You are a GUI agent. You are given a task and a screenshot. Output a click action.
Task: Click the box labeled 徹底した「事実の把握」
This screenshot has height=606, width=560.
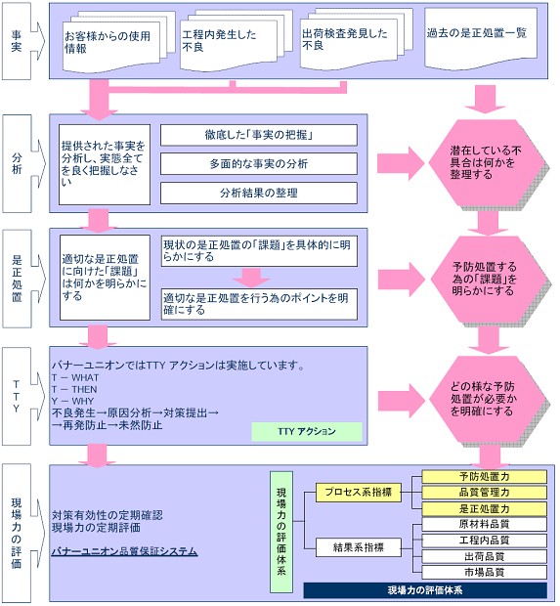point(259,135)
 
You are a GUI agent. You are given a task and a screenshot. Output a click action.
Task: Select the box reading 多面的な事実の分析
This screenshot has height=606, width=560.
point(259,164)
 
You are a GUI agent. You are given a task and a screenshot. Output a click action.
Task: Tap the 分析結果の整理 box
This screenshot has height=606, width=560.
point(259,193)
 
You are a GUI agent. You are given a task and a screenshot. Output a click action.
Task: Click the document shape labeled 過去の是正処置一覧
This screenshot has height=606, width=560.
point(481,38)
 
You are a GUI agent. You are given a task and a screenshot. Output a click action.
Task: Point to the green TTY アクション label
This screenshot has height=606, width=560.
point(307,431)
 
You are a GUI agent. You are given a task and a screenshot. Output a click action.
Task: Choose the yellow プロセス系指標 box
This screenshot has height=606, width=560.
point(359,493)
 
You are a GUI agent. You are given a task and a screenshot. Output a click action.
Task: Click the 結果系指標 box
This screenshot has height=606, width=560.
point(359,547)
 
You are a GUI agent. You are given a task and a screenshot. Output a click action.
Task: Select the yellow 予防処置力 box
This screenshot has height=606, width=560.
point(484,477)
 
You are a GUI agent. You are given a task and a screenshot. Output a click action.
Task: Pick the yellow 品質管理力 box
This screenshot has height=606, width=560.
point(484,493)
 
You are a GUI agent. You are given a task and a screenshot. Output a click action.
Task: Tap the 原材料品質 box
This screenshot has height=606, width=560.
point(484,524)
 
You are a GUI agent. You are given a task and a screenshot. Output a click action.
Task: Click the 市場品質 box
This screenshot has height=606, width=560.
point(484,572)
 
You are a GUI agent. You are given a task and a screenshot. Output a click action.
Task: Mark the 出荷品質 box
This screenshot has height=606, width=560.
point(484,556)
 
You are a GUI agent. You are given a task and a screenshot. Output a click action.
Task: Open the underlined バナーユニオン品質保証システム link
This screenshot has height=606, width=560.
point(124,551)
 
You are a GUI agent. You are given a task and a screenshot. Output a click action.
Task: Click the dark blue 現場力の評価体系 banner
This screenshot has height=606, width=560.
point(425,590)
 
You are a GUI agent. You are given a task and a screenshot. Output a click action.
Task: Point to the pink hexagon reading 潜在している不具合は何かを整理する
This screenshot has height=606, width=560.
point(487,163)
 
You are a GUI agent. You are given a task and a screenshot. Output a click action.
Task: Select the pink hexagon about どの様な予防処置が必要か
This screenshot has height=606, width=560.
point(487,400)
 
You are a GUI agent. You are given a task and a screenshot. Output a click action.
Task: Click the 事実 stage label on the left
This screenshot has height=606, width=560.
point(18,41)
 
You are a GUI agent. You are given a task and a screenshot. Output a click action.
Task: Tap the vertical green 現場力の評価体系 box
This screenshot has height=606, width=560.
point(281,532)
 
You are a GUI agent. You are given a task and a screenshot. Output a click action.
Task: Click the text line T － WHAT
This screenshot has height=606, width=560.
point(75,377)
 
